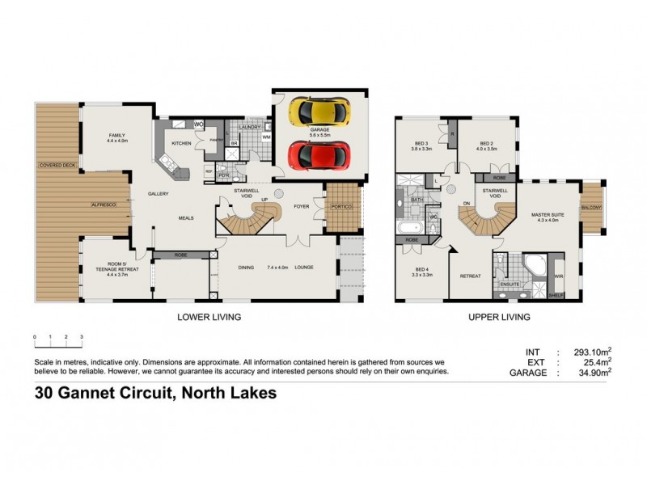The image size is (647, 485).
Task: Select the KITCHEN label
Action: point(181,142)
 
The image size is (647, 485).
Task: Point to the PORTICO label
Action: point(339,205)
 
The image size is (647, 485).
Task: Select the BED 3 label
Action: point(421,145)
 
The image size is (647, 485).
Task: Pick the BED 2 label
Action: point(485,145)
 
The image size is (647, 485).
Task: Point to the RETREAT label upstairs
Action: point(471,276)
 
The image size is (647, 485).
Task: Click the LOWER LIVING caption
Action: point(209,317)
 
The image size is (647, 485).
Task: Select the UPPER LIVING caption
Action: point(499,317)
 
